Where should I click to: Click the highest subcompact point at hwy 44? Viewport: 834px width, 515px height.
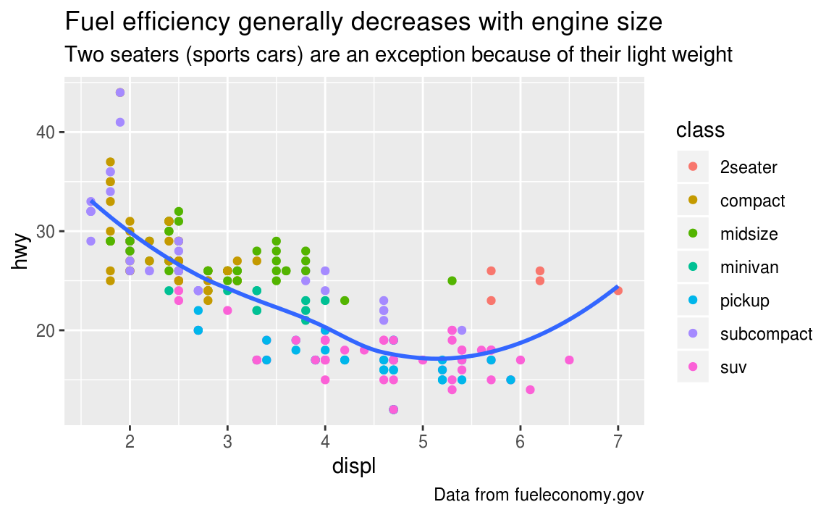tap(120, 93)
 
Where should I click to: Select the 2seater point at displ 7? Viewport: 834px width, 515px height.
tap(618, 290)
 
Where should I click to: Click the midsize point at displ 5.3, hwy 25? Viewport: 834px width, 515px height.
tap(452, 281)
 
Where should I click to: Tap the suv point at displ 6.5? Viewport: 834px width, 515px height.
tap(569, 360)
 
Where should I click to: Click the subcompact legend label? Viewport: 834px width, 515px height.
tap(766, 334)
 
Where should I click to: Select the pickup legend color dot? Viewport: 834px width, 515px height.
tap(693, 301)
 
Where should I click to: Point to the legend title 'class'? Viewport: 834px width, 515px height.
tap(700, 130)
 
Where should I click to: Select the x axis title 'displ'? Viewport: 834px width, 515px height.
tap(353, 467)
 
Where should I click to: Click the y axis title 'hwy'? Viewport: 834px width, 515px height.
tap(22, 251)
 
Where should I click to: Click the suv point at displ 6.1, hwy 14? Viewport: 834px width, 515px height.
tap(530, 390)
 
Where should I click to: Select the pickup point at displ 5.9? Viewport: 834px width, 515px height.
tap(510, 380)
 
